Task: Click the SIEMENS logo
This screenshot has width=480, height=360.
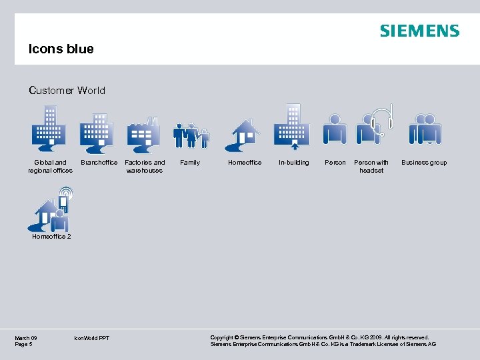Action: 419,31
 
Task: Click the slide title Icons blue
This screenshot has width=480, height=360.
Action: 61,49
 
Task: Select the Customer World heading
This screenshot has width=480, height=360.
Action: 67,91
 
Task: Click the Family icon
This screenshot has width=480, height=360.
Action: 191,135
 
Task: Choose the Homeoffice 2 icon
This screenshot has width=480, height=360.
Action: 53,210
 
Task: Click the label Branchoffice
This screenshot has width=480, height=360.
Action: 99,163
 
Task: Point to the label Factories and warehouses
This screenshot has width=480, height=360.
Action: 145,167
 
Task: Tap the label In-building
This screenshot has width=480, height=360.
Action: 294,163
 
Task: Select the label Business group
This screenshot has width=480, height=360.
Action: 424,163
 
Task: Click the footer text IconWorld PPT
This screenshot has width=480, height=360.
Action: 92,339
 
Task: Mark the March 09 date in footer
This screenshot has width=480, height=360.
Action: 26,338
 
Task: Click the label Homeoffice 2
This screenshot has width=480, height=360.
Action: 51,236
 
